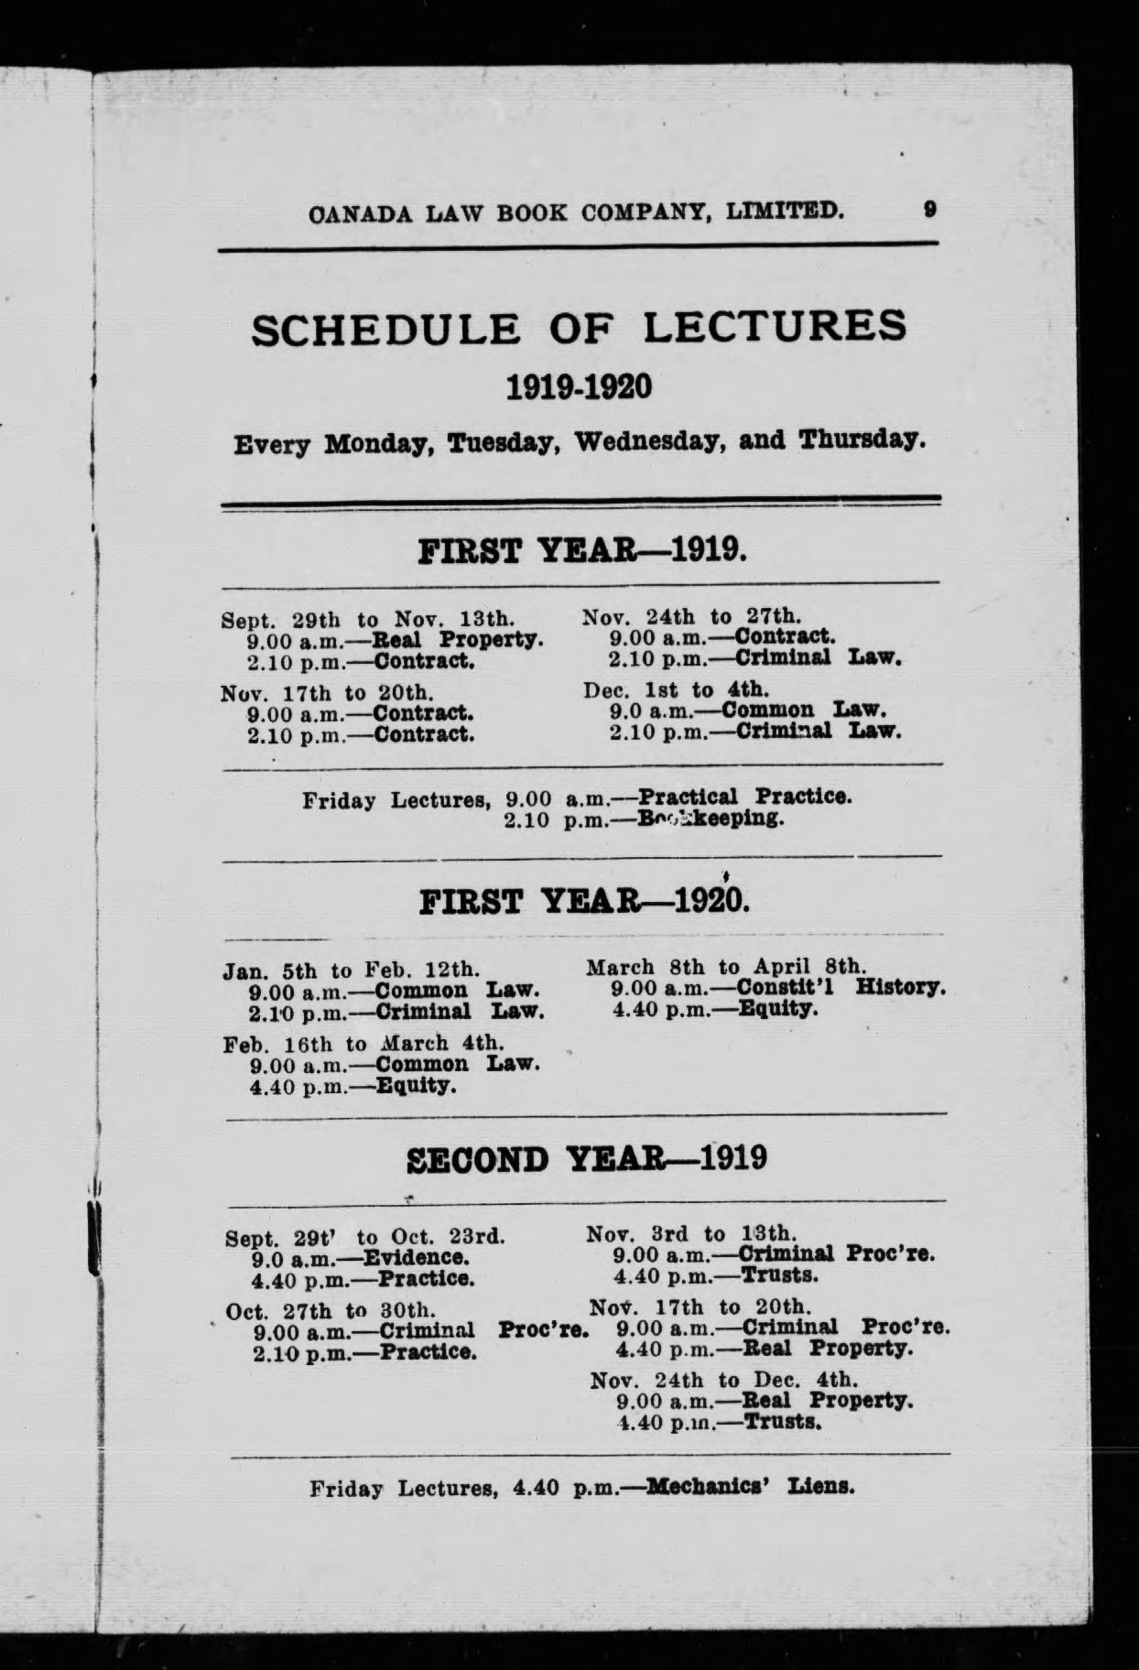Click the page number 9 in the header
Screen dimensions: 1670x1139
pyautogui.click(x=929, y=211)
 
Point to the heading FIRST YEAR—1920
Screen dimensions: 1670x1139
pyautogui.click(x=583, y=902)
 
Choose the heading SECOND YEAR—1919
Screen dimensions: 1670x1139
pyautogui.click(x=586, y=1159)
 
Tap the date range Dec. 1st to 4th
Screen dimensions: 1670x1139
pyautogui.click(x=676, y=688)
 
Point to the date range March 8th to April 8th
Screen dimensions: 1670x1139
pyautogui.click(x=724, y=966)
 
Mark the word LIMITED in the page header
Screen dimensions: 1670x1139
pyautogui.click(x=785, y=211)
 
